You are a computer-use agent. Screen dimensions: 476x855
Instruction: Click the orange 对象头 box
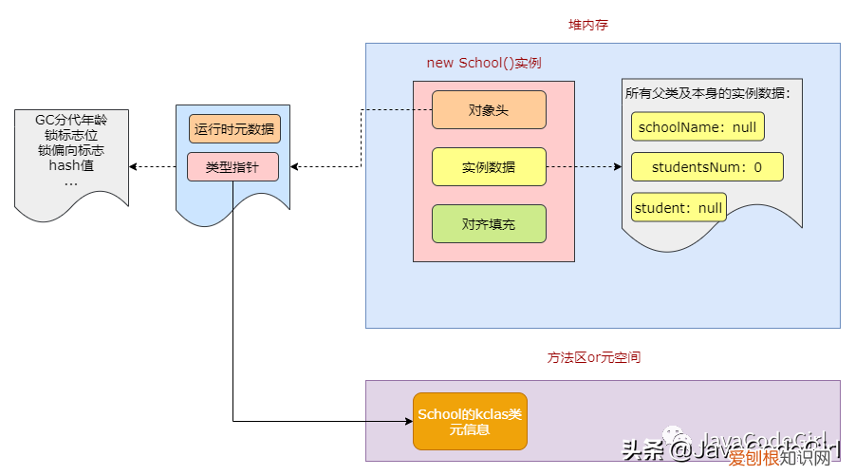pyautogui.click(x=489, y=109)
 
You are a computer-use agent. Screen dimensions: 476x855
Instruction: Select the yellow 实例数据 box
pyautogui.click(x=489, y=166)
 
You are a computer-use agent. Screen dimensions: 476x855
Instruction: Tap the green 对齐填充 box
pyautogui.click(x=489, y=223)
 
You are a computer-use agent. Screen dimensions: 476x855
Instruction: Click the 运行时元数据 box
pyautogui.click(x=234, y=128)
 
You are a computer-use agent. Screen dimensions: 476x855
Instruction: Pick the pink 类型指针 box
pyautogui.click(x=232, y=166)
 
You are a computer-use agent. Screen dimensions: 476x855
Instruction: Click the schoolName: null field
pyautogui.click(x=697, y=126)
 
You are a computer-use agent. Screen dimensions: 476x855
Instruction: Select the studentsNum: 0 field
pyautogui.click(x=707, y=166)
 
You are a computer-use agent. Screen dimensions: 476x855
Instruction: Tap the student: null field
pyautogui.click(x=678, y=207)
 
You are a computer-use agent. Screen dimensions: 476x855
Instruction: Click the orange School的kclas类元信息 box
pyautogui.click(x=469, y=422)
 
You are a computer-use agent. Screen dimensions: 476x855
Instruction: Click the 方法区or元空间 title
pyautogui.click(x=593, y=358)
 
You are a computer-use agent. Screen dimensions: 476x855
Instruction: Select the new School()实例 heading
pyautogui.click(x=491, y=63)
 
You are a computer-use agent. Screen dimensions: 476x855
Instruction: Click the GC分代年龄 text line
pyautogui.click(x=71, y=120)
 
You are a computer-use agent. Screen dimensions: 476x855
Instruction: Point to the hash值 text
pyautogui.click(x=71, y=165)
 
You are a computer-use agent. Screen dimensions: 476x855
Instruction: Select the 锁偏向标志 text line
pyautogui.click(x=71, y=150)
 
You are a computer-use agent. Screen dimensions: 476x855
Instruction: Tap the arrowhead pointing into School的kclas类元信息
pyautogui.click(x=407, y=421)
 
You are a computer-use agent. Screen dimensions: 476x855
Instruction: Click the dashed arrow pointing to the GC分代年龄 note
pyautogui.click(x=152, y=167)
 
